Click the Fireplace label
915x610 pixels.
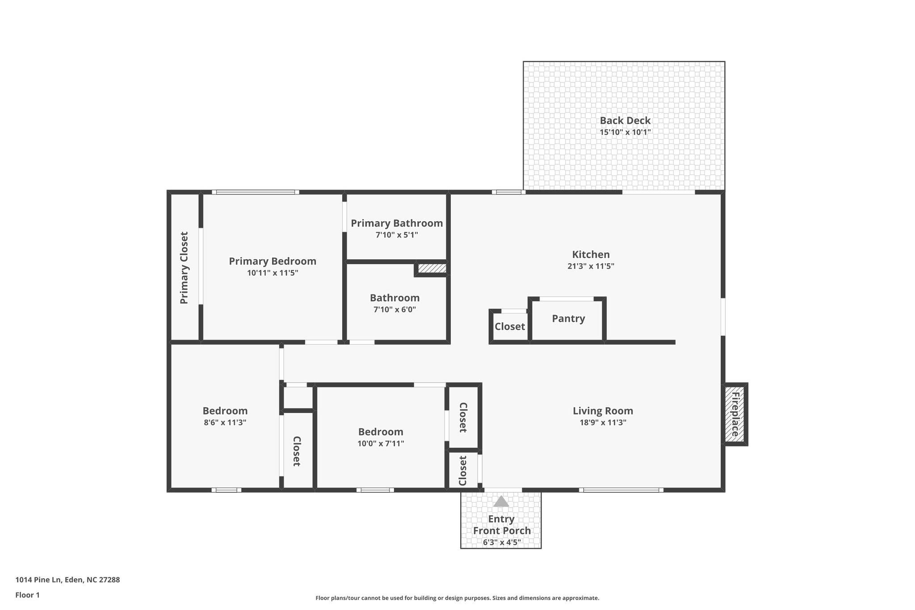click(x=735, y=414)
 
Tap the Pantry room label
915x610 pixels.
click(x=568, y=319)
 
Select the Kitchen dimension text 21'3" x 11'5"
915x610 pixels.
click(x=591, y=266)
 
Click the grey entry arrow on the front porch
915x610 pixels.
click(x=501, y=501)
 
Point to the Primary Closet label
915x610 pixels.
click(x=184, y=268)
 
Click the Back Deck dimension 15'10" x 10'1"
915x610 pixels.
click(x=625, y=132)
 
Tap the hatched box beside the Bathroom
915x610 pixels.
click(x=432, y=268)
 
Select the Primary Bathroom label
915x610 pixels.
click(x=397, y=223)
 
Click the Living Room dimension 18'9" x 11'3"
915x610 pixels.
click(x=603, y=423)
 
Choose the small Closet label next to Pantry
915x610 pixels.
click(x=509, y=327)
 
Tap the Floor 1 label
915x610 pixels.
click(x=28, y=595)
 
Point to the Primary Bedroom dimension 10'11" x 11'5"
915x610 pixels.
click(x=273, y=273)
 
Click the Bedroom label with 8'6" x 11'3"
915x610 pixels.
click(x=225, y=411)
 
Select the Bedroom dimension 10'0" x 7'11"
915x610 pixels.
click(x=381, y=444)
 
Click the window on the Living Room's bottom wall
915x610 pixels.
click(x=621, y=490)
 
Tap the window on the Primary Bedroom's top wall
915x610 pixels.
click(x=256, y=192)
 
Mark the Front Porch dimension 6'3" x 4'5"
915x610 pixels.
click(x=502, y=543)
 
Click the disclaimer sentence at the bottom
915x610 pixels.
click(x=457, y=598)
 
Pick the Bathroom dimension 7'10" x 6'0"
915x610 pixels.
click(x=395, y=310)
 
